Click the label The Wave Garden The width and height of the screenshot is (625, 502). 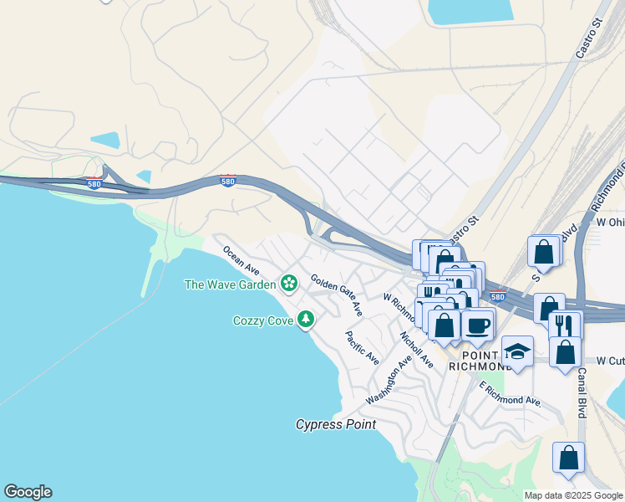point(230,284)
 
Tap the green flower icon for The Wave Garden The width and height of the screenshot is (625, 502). point(288,284)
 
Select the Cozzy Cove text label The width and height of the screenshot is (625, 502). point(263,320)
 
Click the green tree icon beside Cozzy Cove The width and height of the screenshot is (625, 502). point(307,319)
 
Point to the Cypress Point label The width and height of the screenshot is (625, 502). point(336,424)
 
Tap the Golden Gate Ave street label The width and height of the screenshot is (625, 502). point(337,295)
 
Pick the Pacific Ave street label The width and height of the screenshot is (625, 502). point(363,347)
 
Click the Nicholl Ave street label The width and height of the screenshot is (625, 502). point(416,350)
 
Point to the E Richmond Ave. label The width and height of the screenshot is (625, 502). point(511,394)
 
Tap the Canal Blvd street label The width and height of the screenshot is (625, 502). point(582,395)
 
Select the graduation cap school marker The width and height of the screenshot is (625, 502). point(517,351)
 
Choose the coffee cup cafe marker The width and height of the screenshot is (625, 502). point(478,323)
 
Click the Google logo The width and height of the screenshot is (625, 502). point(28,492)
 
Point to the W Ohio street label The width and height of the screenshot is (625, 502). point(611,223)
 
